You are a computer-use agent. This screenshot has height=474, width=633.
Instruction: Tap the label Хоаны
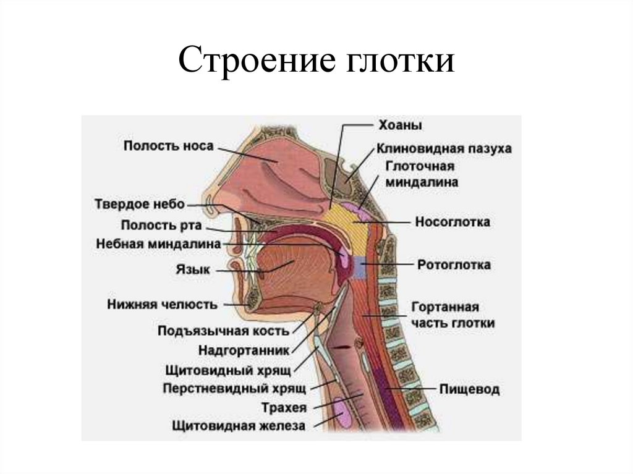tap(400, 125)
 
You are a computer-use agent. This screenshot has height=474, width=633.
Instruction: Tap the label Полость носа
tap(168, 146)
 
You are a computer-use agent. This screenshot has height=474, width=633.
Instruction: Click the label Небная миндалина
tap(159, 244)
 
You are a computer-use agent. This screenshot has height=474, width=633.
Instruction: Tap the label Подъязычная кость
tap(224, 331)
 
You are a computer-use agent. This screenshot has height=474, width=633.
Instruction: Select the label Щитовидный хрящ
tap(229, 371)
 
